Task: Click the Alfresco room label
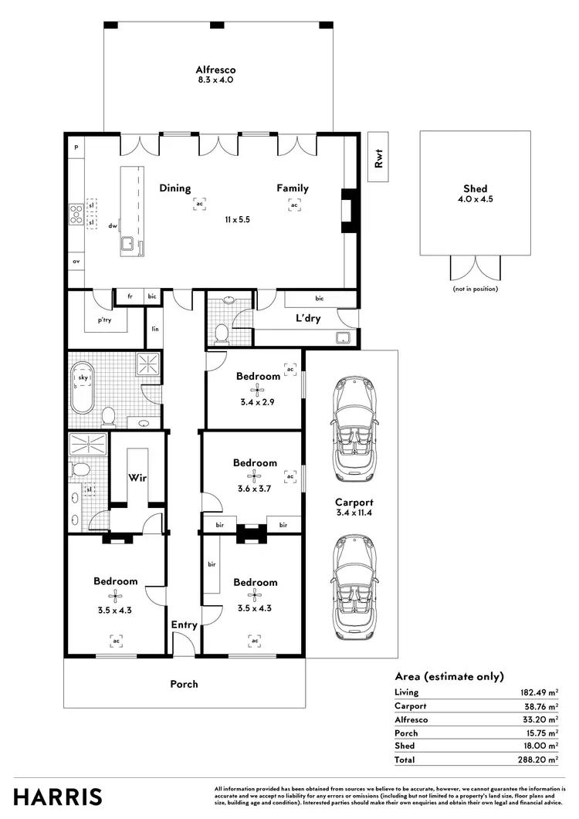click(x=215, y=69)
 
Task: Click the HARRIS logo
click(x=57, y=796)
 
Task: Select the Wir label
click(x=137, y=478)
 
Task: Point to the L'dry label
click(x=308, y=318)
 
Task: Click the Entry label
click(x=184, y=625)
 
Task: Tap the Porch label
click(x=184, y=684)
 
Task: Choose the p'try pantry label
click(x=104, y=320)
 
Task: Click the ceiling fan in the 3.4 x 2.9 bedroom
click(x=258, y=390)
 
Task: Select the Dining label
click(x=175, y=188)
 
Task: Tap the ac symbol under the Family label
click(x=294, y=205)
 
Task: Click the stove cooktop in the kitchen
click(x=76, y=213)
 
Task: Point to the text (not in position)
click(x=475, y=289)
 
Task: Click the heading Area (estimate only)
click(x=449, y=675)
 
